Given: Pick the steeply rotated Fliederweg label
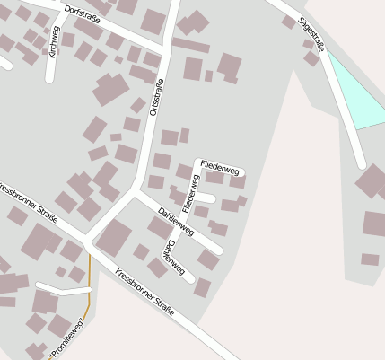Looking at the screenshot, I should [189, 192].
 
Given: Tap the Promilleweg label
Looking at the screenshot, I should [66, 342].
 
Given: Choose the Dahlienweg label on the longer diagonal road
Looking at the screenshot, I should [175, 221].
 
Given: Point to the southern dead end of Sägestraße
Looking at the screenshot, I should [361, 164].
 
